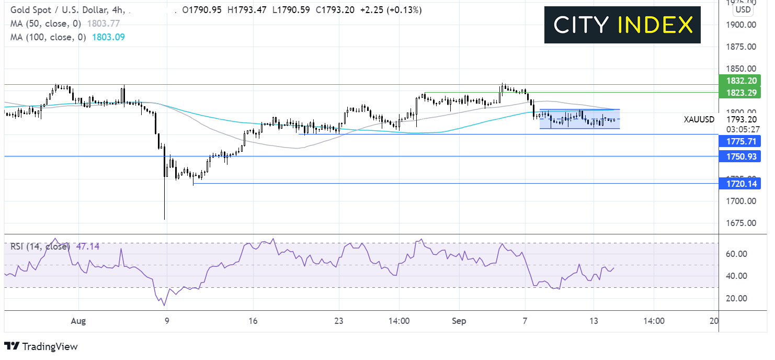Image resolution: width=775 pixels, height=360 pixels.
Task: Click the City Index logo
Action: [622, 25]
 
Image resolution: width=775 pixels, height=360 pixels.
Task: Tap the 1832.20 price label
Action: [740, 81]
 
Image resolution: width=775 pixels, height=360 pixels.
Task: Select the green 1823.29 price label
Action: [740, 93]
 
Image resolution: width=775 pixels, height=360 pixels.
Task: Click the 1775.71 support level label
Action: [740, 141]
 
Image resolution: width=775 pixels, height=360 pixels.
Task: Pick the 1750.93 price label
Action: [740, 156]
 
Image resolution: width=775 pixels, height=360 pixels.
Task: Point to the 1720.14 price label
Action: [740, 184]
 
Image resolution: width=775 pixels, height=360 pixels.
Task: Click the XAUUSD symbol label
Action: [699, 119]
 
